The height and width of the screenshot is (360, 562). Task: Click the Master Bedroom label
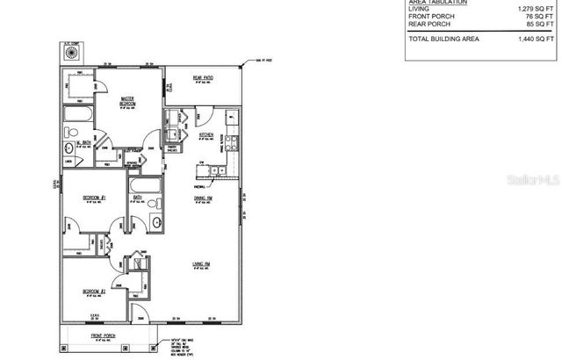click(x=133, y=100)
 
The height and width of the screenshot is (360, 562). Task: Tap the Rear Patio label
click(x=204, y=78)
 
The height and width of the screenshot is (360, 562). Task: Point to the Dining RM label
click(x=205, y=198)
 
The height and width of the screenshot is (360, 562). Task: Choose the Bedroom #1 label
click(x=94, y=198)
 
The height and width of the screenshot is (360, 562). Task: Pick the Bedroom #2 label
click(x=94, y=291)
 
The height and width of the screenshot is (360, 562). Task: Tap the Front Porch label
click(x=104, y=335)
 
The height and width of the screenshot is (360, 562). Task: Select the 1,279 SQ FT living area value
click(x=538, y=9)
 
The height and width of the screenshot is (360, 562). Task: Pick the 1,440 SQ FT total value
click(x=538, y=40)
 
